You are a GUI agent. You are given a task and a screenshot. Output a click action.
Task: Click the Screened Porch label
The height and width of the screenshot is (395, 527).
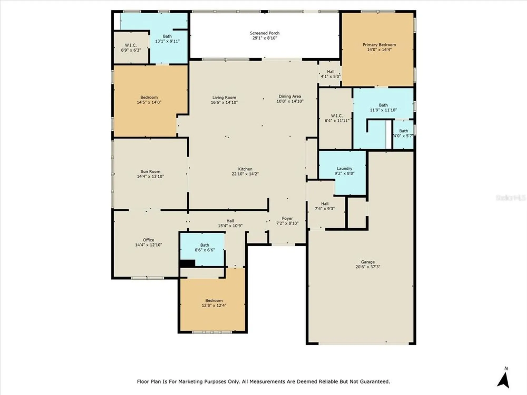(265, 33)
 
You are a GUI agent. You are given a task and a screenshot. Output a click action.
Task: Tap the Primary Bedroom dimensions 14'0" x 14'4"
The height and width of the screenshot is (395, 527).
(379, 50)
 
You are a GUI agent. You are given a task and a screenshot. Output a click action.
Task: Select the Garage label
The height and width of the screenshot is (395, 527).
(368, 262)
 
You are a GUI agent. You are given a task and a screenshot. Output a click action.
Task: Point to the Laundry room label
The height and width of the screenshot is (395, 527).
(344, 169)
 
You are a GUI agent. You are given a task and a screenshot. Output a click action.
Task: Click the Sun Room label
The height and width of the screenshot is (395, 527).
(150, 171)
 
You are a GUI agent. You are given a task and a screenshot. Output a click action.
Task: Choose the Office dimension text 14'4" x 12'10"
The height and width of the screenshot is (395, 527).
(148, 245)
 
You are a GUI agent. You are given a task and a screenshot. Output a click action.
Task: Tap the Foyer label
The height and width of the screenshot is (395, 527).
(287, 219)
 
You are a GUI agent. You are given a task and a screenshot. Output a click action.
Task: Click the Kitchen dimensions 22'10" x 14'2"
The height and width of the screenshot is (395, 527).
(245, 174)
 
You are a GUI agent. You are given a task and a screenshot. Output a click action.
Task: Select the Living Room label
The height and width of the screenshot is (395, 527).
(224, 97)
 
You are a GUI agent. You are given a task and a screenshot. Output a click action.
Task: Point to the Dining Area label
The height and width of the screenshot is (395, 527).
(290, 96)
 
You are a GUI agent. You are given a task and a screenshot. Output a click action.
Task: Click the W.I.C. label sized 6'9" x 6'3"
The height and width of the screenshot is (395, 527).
(131, 45)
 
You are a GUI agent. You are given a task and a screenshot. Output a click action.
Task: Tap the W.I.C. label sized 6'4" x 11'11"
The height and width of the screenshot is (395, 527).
(337, 116)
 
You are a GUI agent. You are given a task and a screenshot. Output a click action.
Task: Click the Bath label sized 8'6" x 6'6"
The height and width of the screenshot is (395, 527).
(204, 245)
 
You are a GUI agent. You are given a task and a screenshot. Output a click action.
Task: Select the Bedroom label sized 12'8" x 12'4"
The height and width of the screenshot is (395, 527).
(214, 301)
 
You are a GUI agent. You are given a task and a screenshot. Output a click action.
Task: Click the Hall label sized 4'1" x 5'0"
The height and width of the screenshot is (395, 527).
(331, 72)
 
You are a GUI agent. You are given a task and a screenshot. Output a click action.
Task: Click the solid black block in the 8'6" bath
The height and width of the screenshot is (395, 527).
(188, 263)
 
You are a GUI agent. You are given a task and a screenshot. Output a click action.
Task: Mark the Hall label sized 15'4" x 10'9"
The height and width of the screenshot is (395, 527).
(230, 221)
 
